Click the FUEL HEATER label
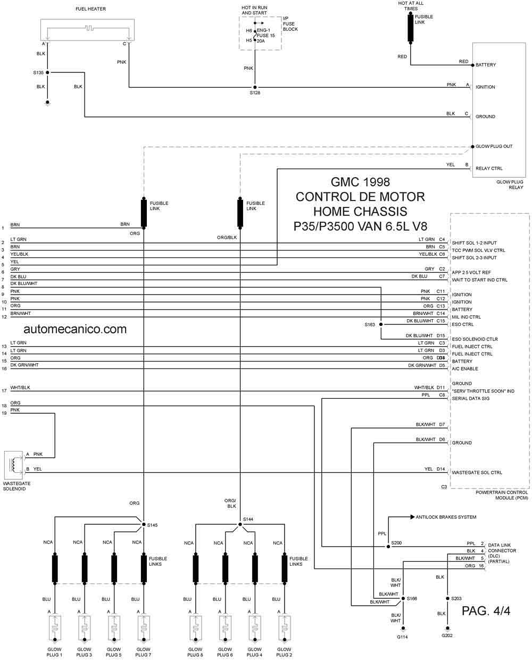click(90, 9)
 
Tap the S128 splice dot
click(255, 87)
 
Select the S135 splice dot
click(47, 72)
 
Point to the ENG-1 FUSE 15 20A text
click(265, 36)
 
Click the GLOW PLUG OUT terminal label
click(494, 146)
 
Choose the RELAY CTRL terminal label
click(489, 169)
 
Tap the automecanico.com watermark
click(75, 329)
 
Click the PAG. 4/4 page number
click(486, 611)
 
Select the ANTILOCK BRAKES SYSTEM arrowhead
click(412, 517)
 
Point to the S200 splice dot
click(388, 547)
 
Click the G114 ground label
click(402, 637)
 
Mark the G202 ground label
click(447, 635)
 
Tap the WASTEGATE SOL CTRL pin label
click(477, 472)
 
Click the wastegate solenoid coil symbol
click(13, 465)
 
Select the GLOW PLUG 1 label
click(54, 652)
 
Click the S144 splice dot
click(240, 524)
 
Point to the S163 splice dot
click(381, 324)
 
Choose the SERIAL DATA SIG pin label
click(470, 398)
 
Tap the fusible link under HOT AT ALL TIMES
click(410, 28)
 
